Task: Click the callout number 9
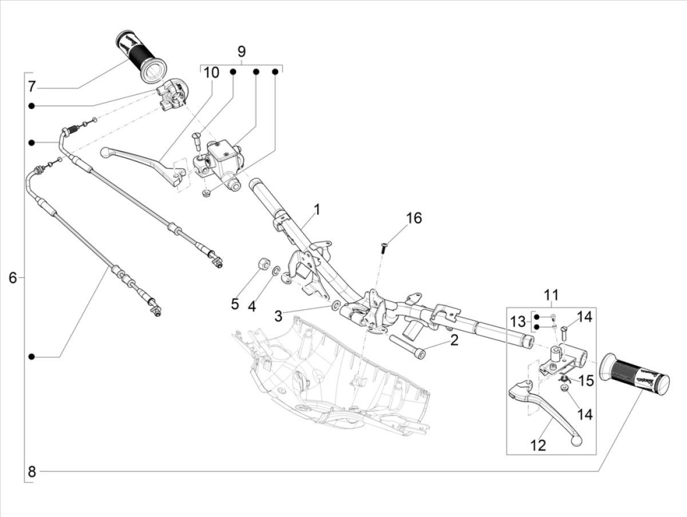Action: click(x=241, y=52)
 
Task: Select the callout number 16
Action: click(x=414, y=218)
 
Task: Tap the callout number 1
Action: click(x=317, y=210)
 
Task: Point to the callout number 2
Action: click(x=454, y=341)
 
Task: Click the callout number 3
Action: click(x=278, y=316)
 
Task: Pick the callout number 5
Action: click(x=235, y=304)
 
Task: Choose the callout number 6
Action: click(x=13, y=278)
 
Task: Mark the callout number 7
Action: click(x=31, y=87)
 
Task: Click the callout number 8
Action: click(x=31, y=472)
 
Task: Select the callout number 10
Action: click(x=211, y=73)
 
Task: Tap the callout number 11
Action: click(x=551, y=296)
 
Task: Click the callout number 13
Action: click(x=518, y=322)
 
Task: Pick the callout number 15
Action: click(x=585, y=380)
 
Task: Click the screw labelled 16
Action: click(x=382, y=247)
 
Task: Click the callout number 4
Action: click(x=251, y=306)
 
